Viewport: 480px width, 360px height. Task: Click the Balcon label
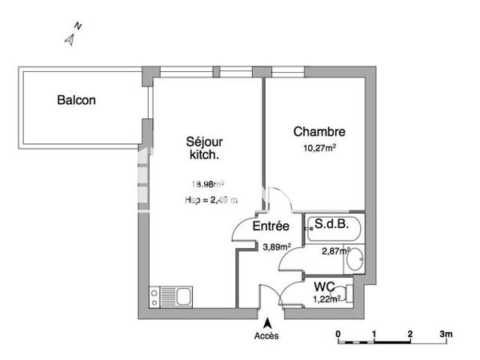click(x=76, y=101)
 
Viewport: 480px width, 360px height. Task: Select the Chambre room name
click(x=319, y=132)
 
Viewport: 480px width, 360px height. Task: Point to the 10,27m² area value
click(x=319, y=147)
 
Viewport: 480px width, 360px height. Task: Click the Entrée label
click(x=270, y=227)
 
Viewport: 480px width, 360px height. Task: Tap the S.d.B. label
click(x=332, y=225)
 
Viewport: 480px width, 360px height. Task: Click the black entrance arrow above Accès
click(x=267, y=322)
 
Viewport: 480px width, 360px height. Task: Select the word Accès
click(x=267, y=336)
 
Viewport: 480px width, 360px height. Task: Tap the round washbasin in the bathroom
click(x=356, y=258)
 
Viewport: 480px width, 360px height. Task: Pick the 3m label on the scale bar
click(x=446, y=334)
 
